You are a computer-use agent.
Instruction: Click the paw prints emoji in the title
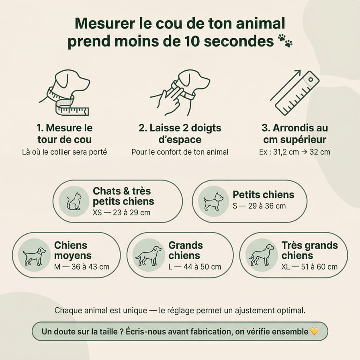pyautogui.click(x=285, y=41)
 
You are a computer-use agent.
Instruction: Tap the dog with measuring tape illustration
pyautogui.click(x=64, y=92)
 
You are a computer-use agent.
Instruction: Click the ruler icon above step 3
pyautogui.click(x=295, y=92)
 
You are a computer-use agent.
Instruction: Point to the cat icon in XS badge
pyautogui.click(x=74, y=201)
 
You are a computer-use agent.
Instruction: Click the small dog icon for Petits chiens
pyautogui.click(x=213, y=201)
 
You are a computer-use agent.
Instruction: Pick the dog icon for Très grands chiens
pyautogui.click(x=262, y=255)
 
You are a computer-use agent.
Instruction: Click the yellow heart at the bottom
pyautogui.click(x=314, y=331)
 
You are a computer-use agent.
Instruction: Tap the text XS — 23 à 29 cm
pyautogui.click(x=121, y=213)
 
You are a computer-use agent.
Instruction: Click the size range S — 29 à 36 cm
pyautogui.click(x=259, y=206)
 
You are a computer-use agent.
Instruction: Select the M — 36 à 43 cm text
pyautogui.click(x=82, y=267)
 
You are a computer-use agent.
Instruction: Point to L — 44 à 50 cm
pyautogui.click(x=195, y=267)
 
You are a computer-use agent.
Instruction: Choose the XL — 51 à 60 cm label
pyautogui.click(x=309, y=267)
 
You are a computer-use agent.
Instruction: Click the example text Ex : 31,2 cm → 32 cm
pyautogui.click(x=295, y=152)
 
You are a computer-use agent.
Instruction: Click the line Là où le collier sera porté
pyautogui.click(x=65, y=152)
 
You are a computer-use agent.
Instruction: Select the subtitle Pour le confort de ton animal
pyautogui.click(x=180, y=152)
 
